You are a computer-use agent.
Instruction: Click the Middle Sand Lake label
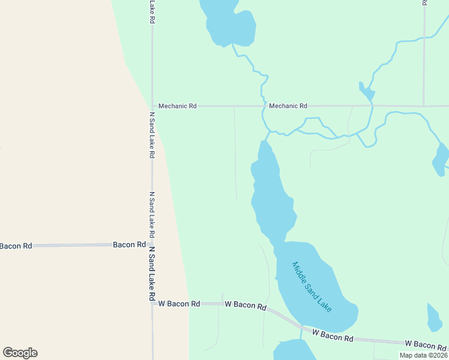[312, 286]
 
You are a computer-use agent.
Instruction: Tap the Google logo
[20, 353]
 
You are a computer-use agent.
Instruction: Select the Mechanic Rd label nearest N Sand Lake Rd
[177, 106]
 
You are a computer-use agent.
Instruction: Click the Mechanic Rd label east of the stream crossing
[288, 106]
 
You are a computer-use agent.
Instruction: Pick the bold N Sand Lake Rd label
[152, 274]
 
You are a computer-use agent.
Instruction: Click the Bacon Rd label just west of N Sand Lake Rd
[130, 245]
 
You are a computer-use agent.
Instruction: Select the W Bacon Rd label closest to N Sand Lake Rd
[179, 304]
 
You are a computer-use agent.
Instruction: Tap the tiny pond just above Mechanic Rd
[367, 92]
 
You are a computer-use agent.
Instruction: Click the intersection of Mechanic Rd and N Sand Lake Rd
[152, 106]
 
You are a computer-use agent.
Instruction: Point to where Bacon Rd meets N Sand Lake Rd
[152, 245]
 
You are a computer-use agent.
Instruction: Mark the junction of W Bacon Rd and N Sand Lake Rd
[152, 304]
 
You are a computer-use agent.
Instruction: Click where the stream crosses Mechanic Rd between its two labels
[263, 106]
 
